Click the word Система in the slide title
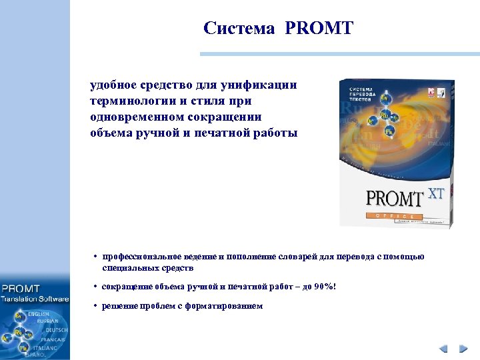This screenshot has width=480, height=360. point(239,29)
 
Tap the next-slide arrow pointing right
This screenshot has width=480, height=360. point(462,349)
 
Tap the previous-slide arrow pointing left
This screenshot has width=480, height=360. point(443,349)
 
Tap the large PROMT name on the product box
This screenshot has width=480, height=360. point(395,199)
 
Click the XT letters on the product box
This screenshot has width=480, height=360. point(435,194)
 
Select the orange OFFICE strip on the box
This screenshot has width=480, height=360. point(394,216)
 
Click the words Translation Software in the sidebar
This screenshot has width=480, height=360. point(35,299)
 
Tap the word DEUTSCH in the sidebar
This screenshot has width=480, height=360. point(56,330)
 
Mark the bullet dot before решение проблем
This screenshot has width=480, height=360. point(96,306)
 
